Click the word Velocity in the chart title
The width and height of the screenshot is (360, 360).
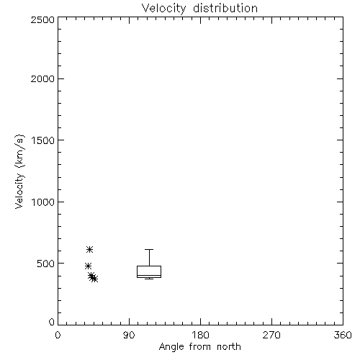(x=164, y=9)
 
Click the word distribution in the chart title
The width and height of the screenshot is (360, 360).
(x=225, y=8)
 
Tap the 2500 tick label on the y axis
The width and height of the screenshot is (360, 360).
(x=42, y=19)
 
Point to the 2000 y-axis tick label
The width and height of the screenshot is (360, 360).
(x=42, y=78)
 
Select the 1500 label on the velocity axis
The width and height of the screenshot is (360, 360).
(x=43, y=140)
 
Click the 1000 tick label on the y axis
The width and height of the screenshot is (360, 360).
(x=43, y=202)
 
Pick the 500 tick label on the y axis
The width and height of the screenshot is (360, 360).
(x=46, y=264)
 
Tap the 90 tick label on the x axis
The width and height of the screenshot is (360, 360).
(x=129, y=335)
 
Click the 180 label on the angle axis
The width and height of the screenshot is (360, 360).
(x=200, y=335)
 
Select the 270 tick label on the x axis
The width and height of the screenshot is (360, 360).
(x=271, y=335)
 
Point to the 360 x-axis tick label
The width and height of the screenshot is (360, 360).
(x=343, y=335)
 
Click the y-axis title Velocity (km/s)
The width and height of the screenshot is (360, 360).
(x=19, y=171)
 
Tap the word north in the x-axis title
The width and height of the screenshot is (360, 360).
(x=229, y=346)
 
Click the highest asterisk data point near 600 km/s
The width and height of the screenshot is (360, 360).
(x=89, y=250)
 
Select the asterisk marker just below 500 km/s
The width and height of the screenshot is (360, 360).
(x=88, y=266)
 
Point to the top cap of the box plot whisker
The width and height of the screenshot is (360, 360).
(x=149, y=250)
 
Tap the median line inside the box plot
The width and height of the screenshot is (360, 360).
(x=149, y=275)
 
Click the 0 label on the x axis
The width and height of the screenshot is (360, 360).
(x=58, y=335)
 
